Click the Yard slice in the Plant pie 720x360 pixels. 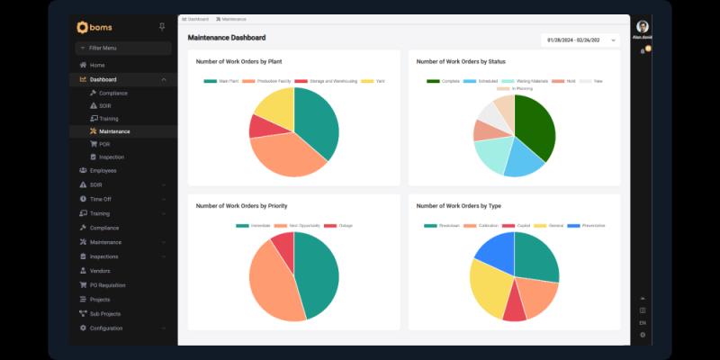274,107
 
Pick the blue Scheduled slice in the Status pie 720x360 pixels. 524,160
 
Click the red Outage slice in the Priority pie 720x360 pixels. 284,244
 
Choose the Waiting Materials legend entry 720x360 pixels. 528,81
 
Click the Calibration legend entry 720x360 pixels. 482,225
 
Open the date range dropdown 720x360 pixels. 580,40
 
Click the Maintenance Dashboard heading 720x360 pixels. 226,38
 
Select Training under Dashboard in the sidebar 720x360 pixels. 108,118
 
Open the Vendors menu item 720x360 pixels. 100,270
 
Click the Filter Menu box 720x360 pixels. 123,48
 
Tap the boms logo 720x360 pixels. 94,27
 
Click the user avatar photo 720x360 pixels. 642,26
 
